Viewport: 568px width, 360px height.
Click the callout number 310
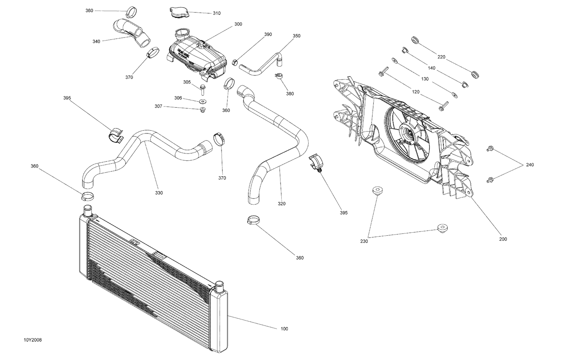click(x=216, y=13)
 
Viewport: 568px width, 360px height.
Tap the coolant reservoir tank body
click(x=197, y=55)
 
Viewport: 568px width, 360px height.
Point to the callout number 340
click(x=96, y=41)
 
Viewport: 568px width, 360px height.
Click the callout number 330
click(x=159, y=193)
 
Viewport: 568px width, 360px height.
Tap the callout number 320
click(x=281, y=203)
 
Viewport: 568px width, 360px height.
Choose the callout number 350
click(x=296, y=36)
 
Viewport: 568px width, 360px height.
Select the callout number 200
click(x=503, y=239)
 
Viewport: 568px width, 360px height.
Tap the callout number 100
click(x=284, y=329)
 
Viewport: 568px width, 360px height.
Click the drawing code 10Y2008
click(x=33, y=340)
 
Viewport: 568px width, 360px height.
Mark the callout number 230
click(x=364, y=241)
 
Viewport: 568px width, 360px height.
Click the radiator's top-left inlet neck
click(x=87, y=210)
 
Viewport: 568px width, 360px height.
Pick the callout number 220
click(x=442, y=57)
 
